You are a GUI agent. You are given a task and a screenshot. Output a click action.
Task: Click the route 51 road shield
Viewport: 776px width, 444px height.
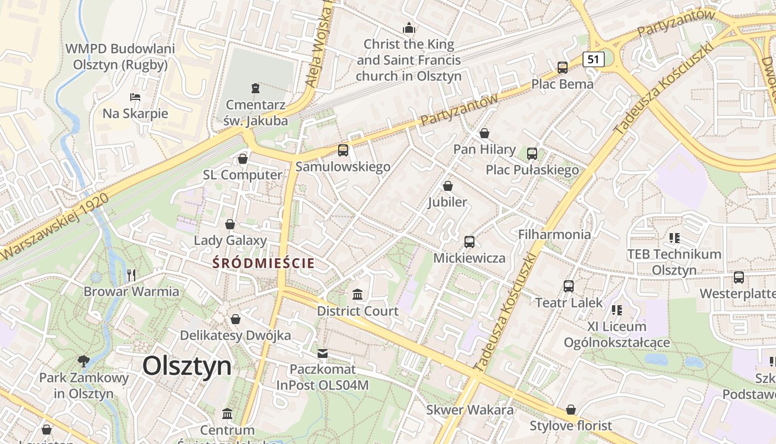point(593,59)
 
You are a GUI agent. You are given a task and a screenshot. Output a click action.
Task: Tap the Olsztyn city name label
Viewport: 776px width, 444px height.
point(187,366)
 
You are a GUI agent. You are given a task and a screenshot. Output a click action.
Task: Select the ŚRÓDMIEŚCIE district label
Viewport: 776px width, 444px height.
point(264,263)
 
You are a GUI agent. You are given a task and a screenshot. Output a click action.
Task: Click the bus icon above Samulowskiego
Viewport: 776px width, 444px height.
point(343,150)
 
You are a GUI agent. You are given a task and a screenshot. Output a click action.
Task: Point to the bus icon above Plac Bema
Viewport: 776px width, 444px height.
point(563,68)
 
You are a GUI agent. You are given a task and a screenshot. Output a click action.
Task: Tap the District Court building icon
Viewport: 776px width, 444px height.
point(358,294)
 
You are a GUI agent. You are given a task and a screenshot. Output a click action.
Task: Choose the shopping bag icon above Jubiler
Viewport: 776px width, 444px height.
point(447,186)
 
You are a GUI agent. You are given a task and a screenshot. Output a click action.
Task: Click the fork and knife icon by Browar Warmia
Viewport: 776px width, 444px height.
point(131,275)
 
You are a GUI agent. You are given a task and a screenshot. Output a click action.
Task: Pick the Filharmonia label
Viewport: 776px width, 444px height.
point(554,234)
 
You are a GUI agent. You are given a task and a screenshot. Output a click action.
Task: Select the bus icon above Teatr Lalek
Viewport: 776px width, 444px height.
point(569,286)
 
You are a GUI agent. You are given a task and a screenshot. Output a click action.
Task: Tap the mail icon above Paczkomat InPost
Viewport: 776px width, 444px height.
point(323,353)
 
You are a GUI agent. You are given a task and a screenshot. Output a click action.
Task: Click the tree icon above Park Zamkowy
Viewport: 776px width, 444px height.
point(84,361)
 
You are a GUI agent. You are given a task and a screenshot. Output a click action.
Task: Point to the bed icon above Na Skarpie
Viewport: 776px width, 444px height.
point(135,97)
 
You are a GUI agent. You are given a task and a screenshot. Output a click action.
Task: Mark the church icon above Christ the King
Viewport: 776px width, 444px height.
point(409,27)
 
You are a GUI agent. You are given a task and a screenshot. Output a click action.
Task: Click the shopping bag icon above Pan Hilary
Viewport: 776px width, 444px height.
point(484,133)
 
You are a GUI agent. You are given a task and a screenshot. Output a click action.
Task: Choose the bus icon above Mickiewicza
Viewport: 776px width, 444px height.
point(469,241)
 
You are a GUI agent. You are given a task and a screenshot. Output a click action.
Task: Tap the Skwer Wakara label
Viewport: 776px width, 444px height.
point(470,410)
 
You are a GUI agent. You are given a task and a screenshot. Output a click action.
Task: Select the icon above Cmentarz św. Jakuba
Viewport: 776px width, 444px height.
point(256,88)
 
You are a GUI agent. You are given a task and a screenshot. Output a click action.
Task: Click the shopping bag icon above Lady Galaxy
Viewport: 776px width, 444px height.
point(230,224)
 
